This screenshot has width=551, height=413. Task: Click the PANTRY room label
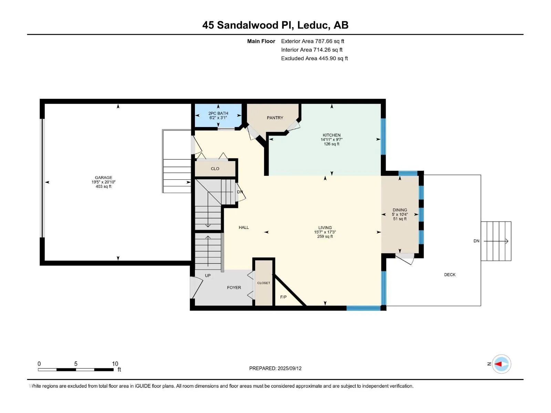(x=275, y=118)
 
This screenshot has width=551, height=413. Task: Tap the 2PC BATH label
(x=218, y=113)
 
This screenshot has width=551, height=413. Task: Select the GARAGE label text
(x=103, y=178)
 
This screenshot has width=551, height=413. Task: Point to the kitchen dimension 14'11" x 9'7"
(x=331, y=140)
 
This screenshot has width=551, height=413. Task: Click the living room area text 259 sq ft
(x=325, y=236)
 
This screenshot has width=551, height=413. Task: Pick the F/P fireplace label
(x=283, y=297)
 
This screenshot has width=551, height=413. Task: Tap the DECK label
(x=450, y=275)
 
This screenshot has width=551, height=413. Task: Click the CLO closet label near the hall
(x=215, y=169)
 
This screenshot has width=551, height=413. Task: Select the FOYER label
(x=234, y=288)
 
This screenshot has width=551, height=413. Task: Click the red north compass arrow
(x=498, y=364)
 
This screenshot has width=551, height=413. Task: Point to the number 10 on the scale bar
(x=115, y=363)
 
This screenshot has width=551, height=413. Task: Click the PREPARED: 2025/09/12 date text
(x=275, y=368)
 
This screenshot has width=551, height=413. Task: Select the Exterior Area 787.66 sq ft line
(x=313, y=41)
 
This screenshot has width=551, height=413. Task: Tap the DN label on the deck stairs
(x=476, y=241)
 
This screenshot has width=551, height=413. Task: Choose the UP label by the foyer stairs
(x=208, y=276)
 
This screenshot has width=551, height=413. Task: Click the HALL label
(x=244, y=227)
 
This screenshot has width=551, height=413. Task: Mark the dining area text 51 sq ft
(x=400, y=219)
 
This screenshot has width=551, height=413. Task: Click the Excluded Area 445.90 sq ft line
(x=314, y=59)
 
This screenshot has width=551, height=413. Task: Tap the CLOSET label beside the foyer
(x=263, y=283)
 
